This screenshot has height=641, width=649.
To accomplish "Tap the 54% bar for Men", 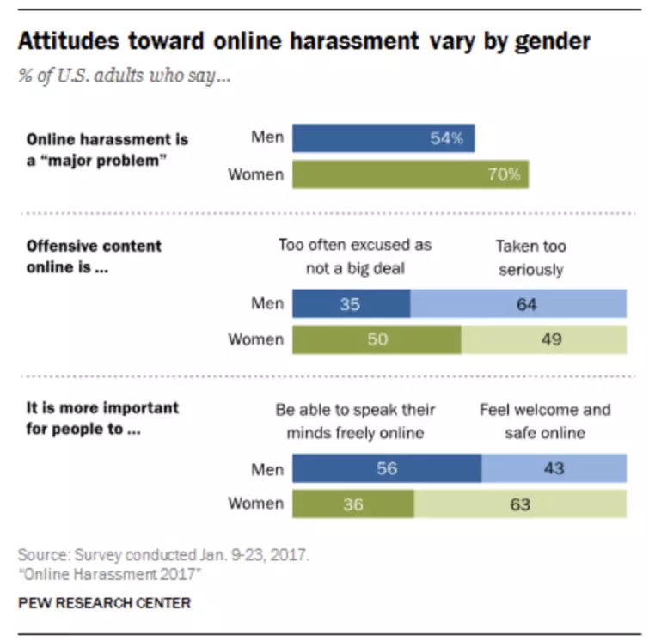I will (x=383, y=138).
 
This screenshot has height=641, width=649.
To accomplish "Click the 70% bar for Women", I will (x=410, y=174).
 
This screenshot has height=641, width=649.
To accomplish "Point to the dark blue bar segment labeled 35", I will (x=351, y=304).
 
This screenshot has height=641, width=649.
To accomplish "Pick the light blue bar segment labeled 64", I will (x=518, y=304).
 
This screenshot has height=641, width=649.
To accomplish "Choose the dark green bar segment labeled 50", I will (x=377, y=339).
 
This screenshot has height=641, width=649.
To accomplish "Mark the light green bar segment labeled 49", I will (x=543, y=339).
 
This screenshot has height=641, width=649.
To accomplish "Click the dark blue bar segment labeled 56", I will (x=387, y=468).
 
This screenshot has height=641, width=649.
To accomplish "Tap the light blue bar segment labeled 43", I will (x=554, y=468).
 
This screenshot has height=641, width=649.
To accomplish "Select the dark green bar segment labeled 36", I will (x=353, y=504).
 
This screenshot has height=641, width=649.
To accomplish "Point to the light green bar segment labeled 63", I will (x=520, y=504).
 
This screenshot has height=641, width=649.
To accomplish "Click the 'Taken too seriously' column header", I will (x=530, y=258).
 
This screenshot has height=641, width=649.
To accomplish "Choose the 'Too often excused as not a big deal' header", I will (x=354, y=258).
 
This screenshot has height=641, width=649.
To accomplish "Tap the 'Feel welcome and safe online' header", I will (x=544, y=421).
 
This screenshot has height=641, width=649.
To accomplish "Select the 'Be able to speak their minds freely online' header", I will (x=354, y=421).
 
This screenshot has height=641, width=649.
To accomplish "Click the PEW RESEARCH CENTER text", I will (x=104, y=603).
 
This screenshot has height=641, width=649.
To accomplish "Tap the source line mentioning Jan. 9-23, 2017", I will (x=163, y=555).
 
